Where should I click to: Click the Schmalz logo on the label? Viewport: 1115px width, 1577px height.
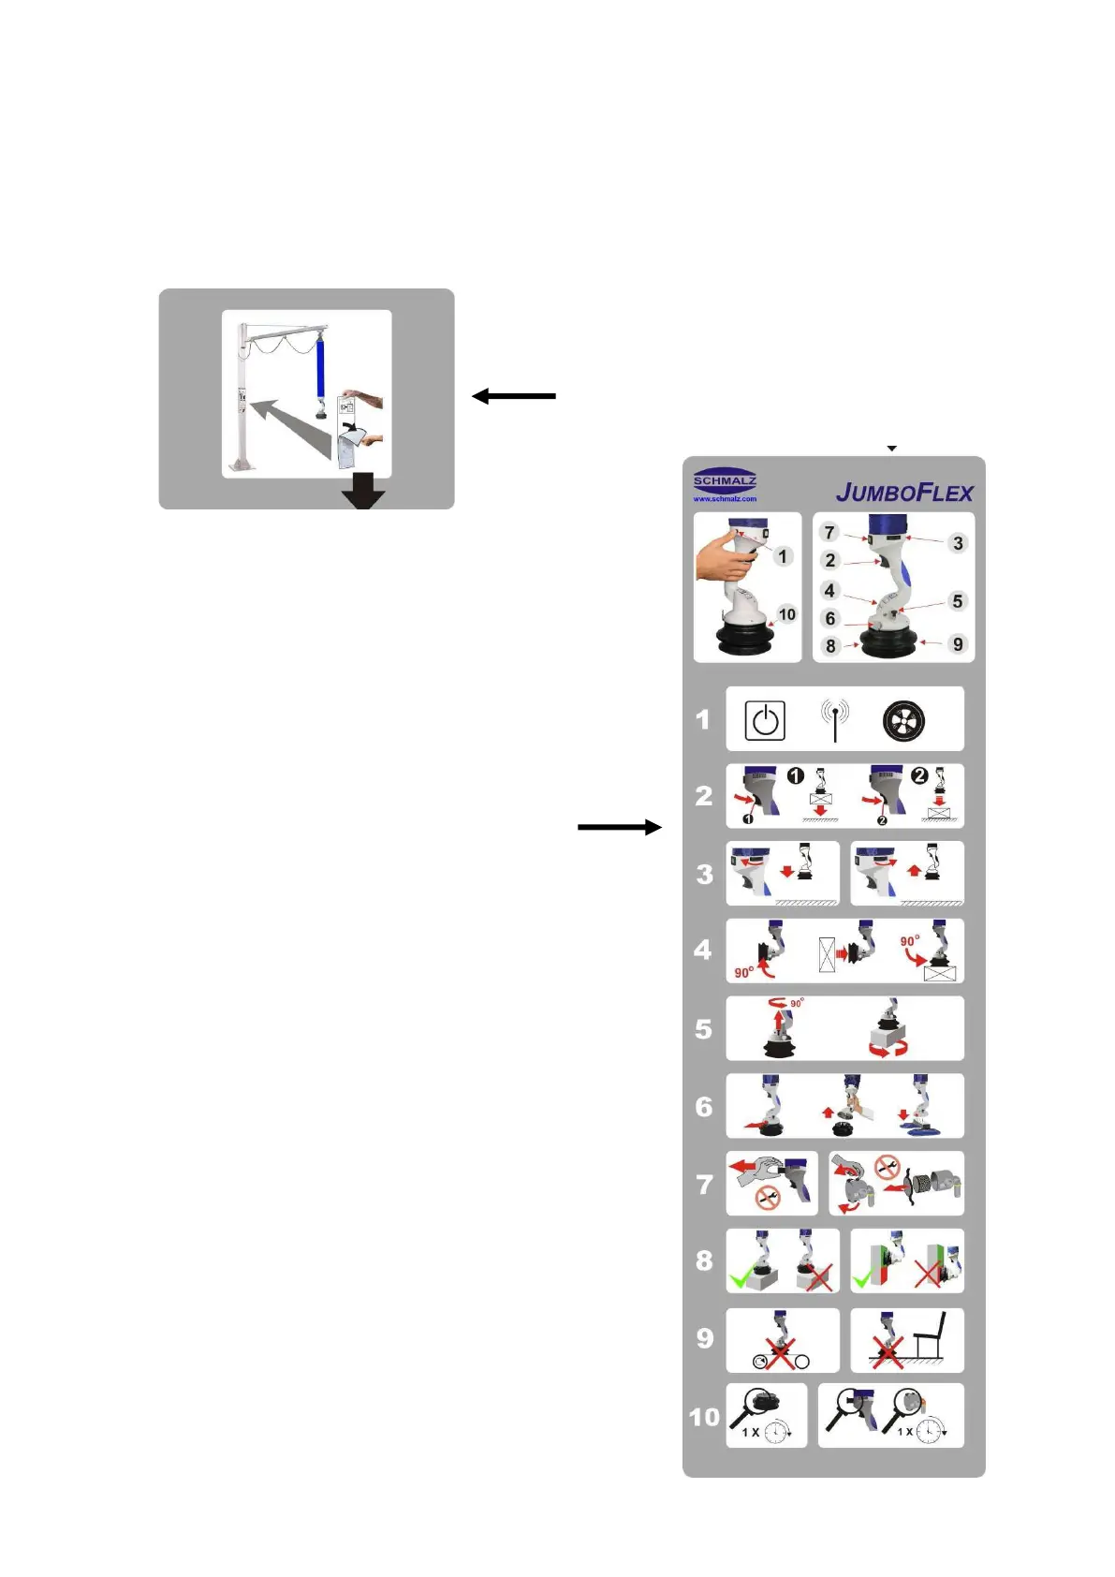coord(725,484)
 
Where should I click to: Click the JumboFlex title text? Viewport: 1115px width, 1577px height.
coord(904,493)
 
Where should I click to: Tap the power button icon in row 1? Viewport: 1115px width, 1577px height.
coord(765,720)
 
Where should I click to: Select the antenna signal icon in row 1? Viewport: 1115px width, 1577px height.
coord(834,717)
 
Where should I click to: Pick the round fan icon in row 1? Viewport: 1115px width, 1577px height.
coord(903,720)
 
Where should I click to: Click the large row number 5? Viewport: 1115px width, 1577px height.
coord(704,1029)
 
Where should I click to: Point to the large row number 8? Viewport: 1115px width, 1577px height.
coord(704,1260)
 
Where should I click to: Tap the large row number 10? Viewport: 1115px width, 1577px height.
coord(704,1417)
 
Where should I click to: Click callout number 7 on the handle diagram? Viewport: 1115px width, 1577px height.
coord(829,532)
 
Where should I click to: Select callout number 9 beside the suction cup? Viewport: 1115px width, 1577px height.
coord(957,644)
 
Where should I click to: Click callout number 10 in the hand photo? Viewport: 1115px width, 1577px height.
coord(786,614)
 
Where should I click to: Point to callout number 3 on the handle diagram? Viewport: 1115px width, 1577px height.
coord(957,543)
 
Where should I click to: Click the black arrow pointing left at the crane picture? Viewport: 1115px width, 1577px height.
coord(514,396)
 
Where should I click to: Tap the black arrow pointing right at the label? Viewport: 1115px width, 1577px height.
coord(619,827)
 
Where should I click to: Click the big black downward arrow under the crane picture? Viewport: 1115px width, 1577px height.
coord(363,490)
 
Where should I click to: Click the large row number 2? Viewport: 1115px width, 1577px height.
coord(704,796)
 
